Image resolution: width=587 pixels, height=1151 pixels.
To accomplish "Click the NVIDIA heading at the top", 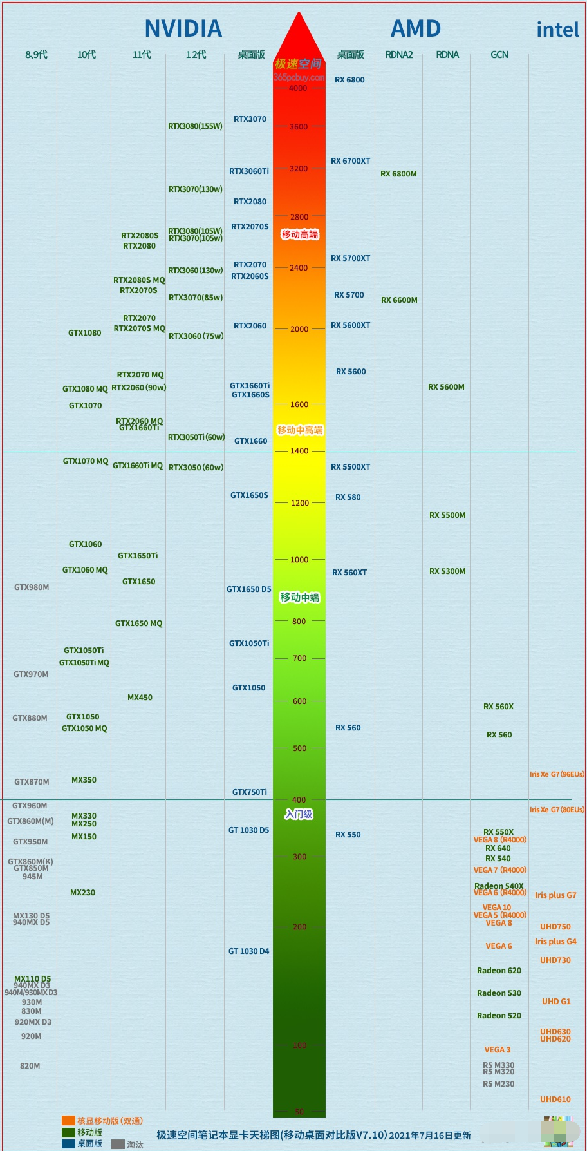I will point(183,29).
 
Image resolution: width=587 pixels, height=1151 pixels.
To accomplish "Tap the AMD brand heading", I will point(416,29).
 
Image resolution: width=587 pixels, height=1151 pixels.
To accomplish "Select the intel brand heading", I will point(557,30).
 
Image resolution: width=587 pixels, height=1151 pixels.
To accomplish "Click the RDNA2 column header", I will point(399,55).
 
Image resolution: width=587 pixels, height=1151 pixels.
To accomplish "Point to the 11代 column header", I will point(142,55).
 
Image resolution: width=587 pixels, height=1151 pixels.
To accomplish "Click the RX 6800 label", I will point(349,80).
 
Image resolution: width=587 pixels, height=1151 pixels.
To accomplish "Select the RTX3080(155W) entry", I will point(195,126).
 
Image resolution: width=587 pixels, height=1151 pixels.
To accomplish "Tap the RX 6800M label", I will point(398,174).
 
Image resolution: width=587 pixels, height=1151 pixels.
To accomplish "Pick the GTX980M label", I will point(32,587).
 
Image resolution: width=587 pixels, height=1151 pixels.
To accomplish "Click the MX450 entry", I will point(140,698).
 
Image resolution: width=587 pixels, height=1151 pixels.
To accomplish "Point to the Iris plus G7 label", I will point(555,895).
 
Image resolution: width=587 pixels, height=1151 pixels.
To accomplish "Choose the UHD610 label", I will point(555,1099).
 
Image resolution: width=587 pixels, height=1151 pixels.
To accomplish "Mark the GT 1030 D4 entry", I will point(248,951).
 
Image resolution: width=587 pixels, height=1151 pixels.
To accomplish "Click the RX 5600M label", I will point(446,387).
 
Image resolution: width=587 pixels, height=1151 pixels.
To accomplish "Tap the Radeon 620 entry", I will point(499,971).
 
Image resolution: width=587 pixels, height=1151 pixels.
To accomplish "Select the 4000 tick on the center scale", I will point(298,88).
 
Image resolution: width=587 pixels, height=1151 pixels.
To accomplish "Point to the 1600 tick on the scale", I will point(299,404).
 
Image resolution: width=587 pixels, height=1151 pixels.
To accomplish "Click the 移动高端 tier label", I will point(299,234).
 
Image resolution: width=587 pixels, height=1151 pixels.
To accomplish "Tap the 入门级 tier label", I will point(299,814).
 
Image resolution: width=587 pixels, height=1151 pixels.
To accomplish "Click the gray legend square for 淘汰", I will point(118,1145).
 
